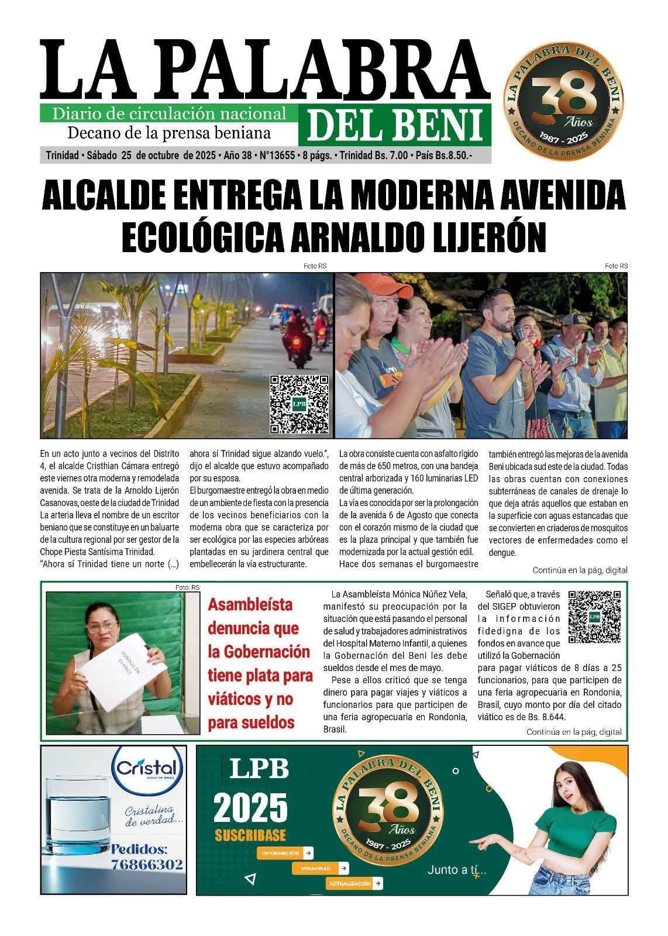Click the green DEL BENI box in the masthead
[395, 126]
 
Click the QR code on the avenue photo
[299, 404]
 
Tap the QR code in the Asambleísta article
[594, 617]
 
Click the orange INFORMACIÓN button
[285, 853]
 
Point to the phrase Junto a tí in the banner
[457, 870]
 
